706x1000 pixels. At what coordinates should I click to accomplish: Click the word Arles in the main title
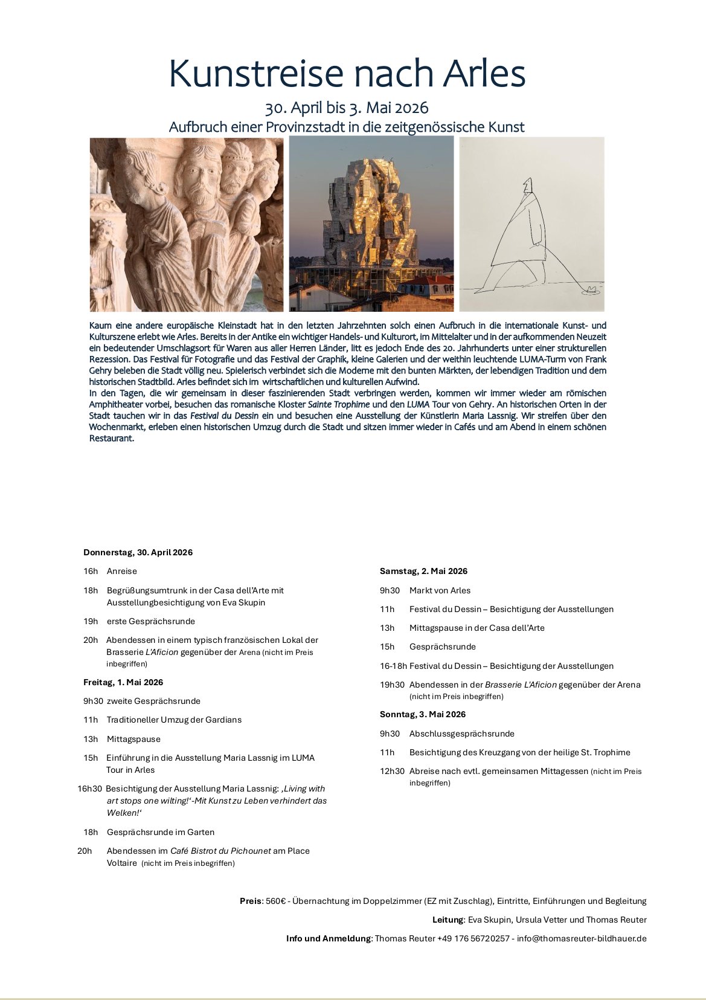(x=484, y=74)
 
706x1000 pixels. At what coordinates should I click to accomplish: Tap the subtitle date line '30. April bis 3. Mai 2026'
(x=347, y=108)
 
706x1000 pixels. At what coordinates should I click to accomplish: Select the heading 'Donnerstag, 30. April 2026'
(x=138, y=552)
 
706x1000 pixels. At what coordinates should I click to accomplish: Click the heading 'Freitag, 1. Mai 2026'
(x=123, y=682)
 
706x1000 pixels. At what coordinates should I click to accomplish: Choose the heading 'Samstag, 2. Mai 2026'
(x=423, y=571)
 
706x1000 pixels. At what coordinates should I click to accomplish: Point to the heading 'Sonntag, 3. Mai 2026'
(x=423, y=714)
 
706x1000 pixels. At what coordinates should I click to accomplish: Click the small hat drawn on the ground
(x=592, y=289)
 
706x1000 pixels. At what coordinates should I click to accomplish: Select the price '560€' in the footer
(x=275, y=901)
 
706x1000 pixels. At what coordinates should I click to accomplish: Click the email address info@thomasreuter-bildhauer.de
(x=582, y=938)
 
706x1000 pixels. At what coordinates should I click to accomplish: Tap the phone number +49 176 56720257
(x=473, y=938)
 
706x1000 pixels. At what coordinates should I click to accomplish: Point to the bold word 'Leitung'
(x=448, y=920)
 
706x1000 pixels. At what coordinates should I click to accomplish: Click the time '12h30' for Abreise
(x=392, y=771)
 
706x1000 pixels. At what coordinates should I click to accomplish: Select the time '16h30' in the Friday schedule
(x=89, y=789)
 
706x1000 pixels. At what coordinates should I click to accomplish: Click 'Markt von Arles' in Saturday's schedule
(x=440, y=590)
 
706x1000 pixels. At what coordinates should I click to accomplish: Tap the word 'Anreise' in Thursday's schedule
(x=122, y=571)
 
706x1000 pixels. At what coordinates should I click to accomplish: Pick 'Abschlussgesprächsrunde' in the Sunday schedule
(x=462, y=734)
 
